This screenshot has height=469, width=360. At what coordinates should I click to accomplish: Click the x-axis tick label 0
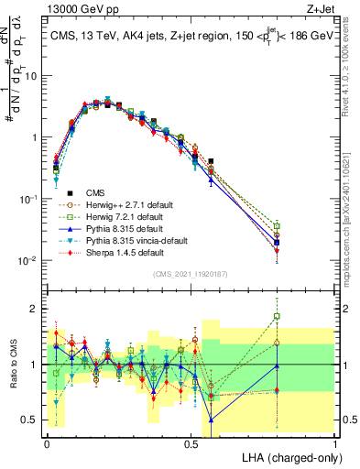point(47,442)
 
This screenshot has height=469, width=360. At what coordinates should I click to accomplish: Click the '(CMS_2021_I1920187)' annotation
point(191,273)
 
